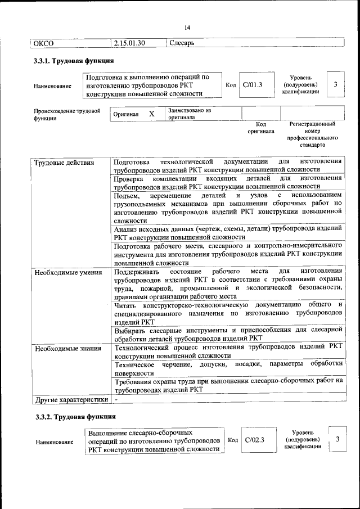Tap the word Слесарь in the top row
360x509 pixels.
(182, 43)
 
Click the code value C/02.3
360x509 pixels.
(254, 440)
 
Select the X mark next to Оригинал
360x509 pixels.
(151, 114)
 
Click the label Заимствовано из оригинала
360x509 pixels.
(189, 114)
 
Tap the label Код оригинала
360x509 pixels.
(261, 128)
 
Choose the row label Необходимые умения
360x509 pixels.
(68, 273)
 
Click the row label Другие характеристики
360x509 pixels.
(71, 400)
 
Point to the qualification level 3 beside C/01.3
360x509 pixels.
(335, 84)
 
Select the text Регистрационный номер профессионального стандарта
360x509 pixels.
(312, 134)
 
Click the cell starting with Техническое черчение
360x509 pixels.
(228, 368)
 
